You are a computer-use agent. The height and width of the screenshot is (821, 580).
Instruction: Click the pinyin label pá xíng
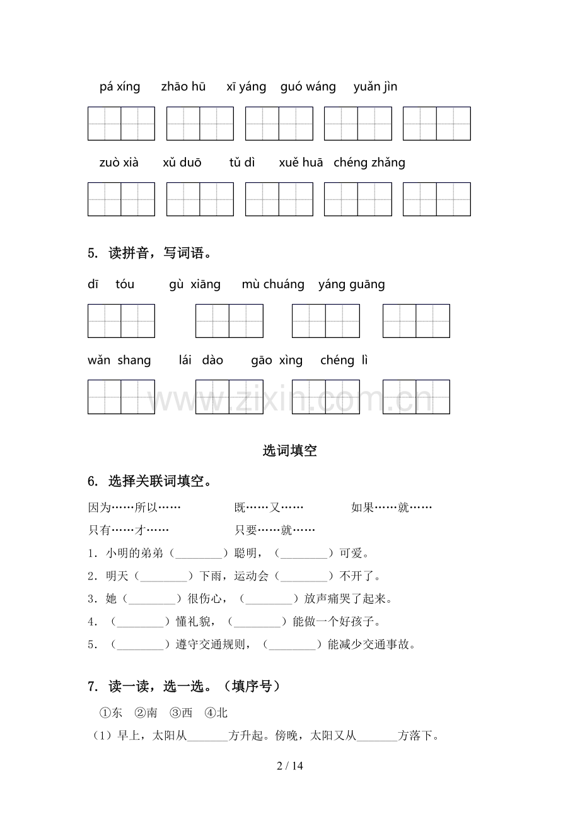(x=120, y=87)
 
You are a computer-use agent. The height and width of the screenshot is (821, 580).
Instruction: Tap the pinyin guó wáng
(x=308, y=87)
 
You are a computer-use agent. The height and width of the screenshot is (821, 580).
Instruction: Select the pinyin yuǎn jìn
(x=375, y=87)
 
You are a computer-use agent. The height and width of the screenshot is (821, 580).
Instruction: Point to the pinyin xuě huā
(x=301, y=163)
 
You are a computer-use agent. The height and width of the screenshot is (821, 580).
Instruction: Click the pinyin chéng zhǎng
(x=369, y=163)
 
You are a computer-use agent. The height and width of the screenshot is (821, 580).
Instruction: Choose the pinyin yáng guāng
(x=352, y=284)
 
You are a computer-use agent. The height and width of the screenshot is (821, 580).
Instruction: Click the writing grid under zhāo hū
(x=200, y=124)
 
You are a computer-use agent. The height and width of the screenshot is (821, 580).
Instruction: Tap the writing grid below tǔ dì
(x=279, y=199)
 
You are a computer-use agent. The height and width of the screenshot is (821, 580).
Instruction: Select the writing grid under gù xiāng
(x=229, y=321)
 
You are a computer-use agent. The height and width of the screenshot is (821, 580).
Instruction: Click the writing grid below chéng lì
(x=416, y=397)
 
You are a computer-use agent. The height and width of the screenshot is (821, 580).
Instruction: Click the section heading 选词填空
(x=289, y=451)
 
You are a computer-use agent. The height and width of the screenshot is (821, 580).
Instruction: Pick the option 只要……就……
(x=275, y=530)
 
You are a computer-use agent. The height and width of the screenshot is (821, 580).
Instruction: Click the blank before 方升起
(x=207, y=736)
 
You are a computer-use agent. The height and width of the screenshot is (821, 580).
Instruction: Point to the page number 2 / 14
(x=290, y=767)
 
